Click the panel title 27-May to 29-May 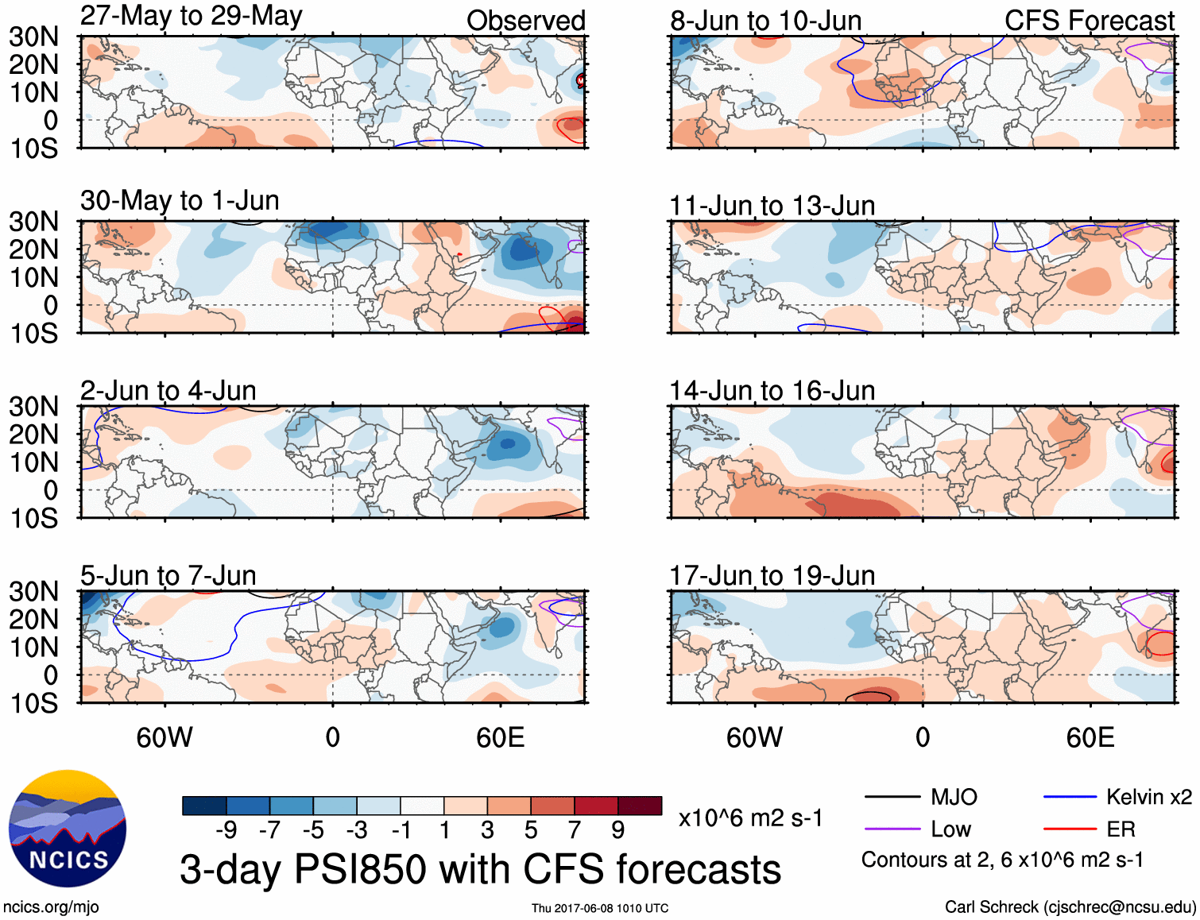point(191,16)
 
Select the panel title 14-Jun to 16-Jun point(772,391)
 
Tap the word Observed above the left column point(525,21)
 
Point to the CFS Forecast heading point(1089,21)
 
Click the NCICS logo point(68,829)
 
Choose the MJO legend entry point(954,797)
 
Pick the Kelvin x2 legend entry point(1148,797)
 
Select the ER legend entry point(1121,829)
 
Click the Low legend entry point(951,829)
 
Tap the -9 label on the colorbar point(226,830)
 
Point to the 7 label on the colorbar point(574,830)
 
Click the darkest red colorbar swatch point(640,806)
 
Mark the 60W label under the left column point(165,737)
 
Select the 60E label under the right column point(1090,737)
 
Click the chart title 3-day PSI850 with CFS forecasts point(480,869)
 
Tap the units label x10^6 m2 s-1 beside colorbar point(750,818)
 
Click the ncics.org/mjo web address point(51,907)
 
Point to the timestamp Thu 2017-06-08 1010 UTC point(600,908)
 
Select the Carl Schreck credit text point(1070,907)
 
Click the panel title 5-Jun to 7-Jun point(168,576)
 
